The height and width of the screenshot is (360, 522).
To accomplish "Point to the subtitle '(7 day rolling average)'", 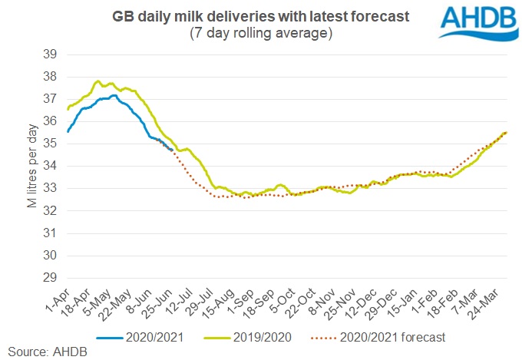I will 259,35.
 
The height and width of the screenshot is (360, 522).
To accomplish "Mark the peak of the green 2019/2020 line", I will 97,81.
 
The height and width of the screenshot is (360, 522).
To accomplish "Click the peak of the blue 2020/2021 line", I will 113,95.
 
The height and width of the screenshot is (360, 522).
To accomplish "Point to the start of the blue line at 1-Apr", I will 68,132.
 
